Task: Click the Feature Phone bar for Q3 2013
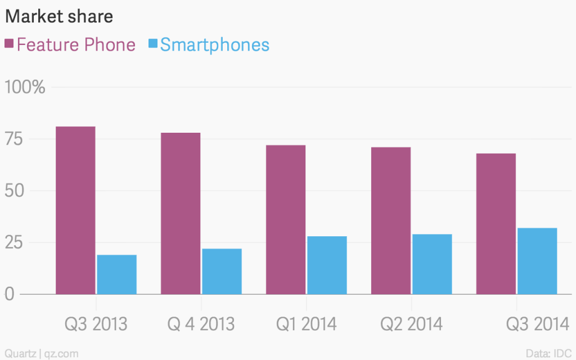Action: (75, 210)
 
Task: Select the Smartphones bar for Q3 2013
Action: (116, 274)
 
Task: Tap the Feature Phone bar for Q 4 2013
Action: (181, 213)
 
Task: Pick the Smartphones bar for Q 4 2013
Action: (222, 271)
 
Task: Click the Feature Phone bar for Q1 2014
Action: (286, 219)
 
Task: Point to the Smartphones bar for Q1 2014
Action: (327, 265)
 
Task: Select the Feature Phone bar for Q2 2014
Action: (391, 220)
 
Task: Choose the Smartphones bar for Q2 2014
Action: (432, 264)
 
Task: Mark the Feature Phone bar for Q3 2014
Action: (496, 224)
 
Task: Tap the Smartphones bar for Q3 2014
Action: (537, 261)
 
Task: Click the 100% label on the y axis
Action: (25, 88)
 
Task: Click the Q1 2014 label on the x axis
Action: (306, 324)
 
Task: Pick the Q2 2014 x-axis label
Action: (411, 324)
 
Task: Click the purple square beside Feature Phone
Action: (9, 44)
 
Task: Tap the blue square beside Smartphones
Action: (152, 44)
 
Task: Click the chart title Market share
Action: (59, 17)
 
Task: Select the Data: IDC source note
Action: (548, 353)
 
